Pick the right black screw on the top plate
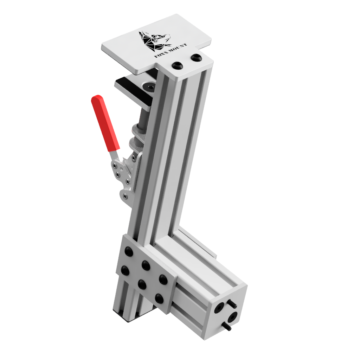point(196,57)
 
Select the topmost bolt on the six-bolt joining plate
point(129,251)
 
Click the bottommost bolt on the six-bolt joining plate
point(159,298)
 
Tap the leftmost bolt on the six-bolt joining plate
point(125,270)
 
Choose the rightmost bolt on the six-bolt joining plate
point(163,280)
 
